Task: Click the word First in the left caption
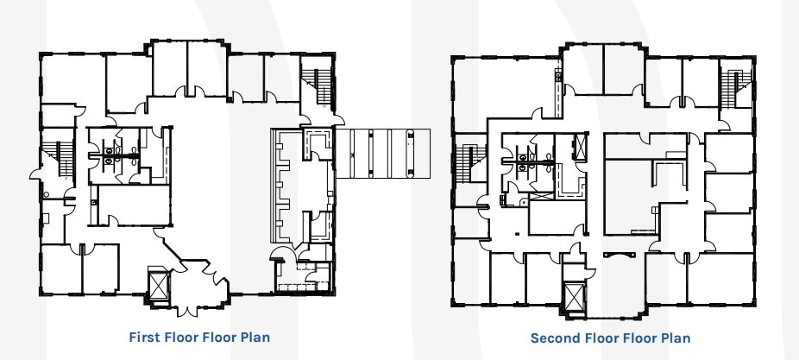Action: coord(144,337)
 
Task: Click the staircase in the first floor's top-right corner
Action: coord(318,85)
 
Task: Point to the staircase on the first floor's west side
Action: coord(60,159)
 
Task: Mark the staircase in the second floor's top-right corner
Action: coord(736,89)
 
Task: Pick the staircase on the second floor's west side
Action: coord(471,163)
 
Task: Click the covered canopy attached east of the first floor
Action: coord(383,154)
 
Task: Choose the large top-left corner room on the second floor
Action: coord(503,88)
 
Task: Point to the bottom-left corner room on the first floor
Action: coord(61,268)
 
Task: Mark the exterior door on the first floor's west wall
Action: coord(35,174)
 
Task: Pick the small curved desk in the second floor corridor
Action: coord(612,255)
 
